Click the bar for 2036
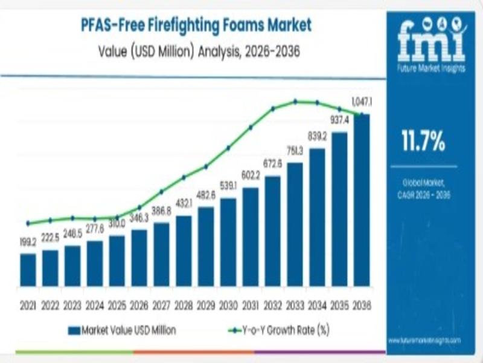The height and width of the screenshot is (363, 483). (362, 200)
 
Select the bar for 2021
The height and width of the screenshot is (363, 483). (28, 270)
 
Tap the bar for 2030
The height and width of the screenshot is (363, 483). (228, 242)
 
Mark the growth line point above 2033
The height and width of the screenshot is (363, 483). (295, 102)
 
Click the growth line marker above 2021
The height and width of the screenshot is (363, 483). (28, 223)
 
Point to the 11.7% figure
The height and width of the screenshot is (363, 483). (423, 141)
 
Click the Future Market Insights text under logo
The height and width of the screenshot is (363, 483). (431, 68)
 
